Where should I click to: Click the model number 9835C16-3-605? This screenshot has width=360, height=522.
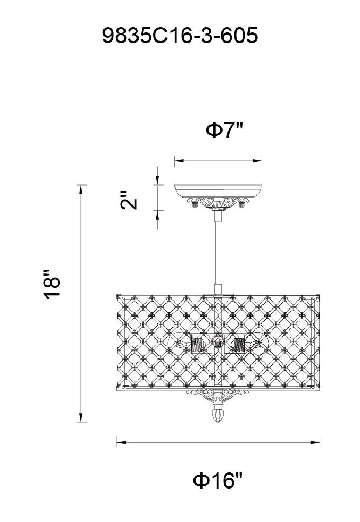(x=179, y=35)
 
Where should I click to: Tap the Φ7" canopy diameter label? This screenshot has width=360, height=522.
(x=225, y=130)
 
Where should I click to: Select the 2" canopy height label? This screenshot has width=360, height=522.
(x=129, y=200)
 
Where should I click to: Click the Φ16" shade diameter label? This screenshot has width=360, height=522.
(x=218, y=480)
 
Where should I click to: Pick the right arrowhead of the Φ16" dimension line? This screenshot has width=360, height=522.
(x=315, y=442)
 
